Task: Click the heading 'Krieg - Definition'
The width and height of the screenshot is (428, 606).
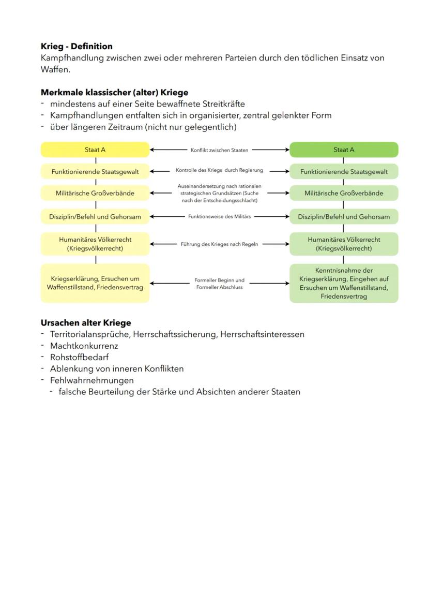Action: tap(77, 47)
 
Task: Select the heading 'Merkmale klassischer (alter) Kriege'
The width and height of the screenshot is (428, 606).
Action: tap(114, 93)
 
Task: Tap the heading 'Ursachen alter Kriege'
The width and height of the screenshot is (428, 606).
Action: tap(86, 323)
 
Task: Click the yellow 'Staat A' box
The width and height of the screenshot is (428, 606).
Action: tap(95, 150)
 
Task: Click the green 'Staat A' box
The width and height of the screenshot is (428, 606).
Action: tap(344, 150)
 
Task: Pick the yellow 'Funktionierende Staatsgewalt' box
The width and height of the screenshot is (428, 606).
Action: tap(95, 171)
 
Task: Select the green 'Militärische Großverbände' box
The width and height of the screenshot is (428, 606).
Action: tap(344, 193)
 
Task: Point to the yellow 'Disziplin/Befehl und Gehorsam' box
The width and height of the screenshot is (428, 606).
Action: tap(95, 217)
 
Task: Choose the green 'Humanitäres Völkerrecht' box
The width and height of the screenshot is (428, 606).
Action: tap(344, 244)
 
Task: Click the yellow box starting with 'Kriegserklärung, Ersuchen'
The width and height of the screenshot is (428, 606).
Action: tap(95, 283)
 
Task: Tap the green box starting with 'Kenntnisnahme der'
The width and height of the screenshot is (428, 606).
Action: tap(344, 283)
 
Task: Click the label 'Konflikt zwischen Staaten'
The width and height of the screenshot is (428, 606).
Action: tap(219, 150)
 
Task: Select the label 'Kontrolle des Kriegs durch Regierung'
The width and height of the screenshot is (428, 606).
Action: tap(219, 170)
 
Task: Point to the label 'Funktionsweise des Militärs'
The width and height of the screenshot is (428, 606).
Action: tap(219, 217)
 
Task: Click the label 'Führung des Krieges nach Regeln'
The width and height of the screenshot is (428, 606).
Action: tap(219, 244)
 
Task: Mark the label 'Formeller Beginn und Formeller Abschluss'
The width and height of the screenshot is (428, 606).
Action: tap(219, 284)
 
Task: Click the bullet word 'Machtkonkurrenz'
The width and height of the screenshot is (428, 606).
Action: tap(84, 346)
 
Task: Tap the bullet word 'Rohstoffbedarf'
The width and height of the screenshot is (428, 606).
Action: tap(79, 357)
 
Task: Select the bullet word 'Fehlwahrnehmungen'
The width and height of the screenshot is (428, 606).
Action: tap(91, 380)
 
